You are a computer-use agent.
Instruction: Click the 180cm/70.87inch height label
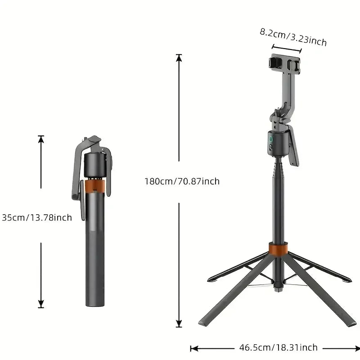point(182,181)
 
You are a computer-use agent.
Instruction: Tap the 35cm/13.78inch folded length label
point(36,218)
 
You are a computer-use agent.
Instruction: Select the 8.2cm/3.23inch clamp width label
point(293,37)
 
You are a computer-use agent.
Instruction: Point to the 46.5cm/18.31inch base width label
point(278,347)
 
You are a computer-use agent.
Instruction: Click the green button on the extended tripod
point(271,140)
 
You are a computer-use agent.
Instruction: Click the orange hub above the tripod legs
point(278,249)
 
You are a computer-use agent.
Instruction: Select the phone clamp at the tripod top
point(285,63)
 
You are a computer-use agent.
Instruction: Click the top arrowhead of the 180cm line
point(179,57)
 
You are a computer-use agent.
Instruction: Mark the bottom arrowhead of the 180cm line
point(179,324)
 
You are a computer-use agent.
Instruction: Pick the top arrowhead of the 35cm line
point(41,139)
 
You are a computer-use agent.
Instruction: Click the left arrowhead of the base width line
point(193,348)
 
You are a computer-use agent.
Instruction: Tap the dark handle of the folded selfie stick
point(94,252)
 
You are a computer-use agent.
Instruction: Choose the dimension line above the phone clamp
point(287,49)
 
